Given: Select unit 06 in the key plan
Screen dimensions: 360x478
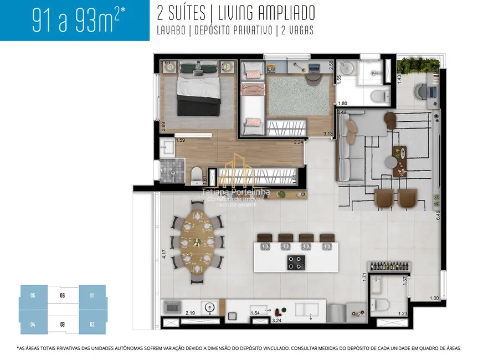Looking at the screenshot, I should point(63,296).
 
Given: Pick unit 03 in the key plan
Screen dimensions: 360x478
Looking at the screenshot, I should point(63,323).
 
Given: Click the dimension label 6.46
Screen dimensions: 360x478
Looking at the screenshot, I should point(438,215).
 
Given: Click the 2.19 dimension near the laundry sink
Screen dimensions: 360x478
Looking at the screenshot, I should point(191,313).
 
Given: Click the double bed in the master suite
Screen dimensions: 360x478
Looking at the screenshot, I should point(198,94).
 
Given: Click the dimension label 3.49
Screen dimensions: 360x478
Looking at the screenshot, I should point(342,112).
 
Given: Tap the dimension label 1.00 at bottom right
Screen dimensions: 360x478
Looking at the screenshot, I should point(434,299).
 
